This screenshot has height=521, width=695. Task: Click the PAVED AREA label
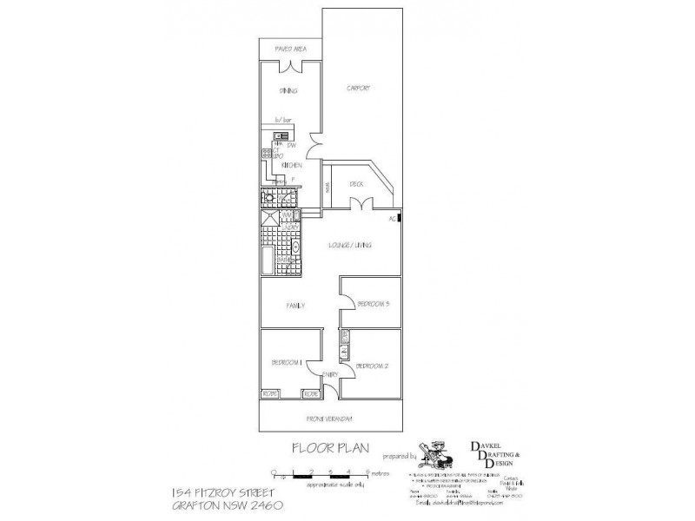(289, 49)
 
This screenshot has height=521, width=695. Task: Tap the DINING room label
(288, 90)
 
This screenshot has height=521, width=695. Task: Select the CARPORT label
(359, 89)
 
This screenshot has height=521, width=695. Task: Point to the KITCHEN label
(291, 165)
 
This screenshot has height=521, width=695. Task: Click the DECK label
(356, 184)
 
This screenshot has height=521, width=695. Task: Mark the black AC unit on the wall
(400, 219)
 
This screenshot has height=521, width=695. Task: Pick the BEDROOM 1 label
(286, 362)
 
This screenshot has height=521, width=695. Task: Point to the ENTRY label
(329, 374)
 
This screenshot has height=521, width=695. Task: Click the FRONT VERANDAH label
(329, 419)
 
